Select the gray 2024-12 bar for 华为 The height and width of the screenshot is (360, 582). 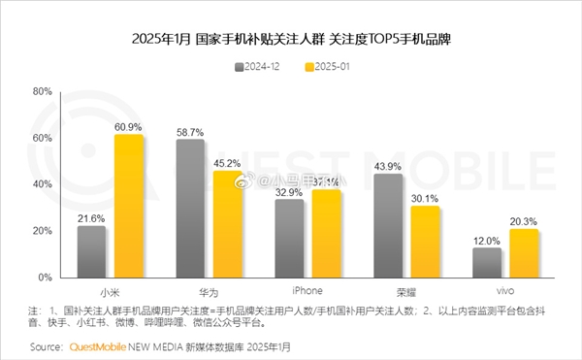click(x=190, y=210)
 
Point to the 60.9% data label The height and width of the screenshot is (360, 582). click(x=129, y=127)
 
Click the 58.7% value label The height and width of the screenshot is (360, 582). click(x=190, y=131)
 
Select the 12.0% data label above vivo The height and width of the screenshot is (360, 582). click(x=487, y=240)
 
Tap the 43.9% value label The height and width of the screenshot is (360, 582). click(x=387, y=166)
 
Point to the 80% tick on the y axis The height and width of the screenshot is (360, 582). click(x=42, y=91)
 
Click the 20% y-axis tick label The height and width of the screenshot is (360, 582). click(x=42, y=231)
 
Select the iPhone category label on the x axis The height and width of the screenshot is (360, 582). click(x=307, y=289)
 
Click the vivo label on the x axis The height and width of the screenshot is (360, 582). click(x=505, y=289)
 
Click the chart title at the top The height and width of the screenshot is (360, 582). click(x=292, y=42)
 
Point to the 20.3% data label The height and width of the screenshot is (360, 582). click(x=525, y=220)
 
